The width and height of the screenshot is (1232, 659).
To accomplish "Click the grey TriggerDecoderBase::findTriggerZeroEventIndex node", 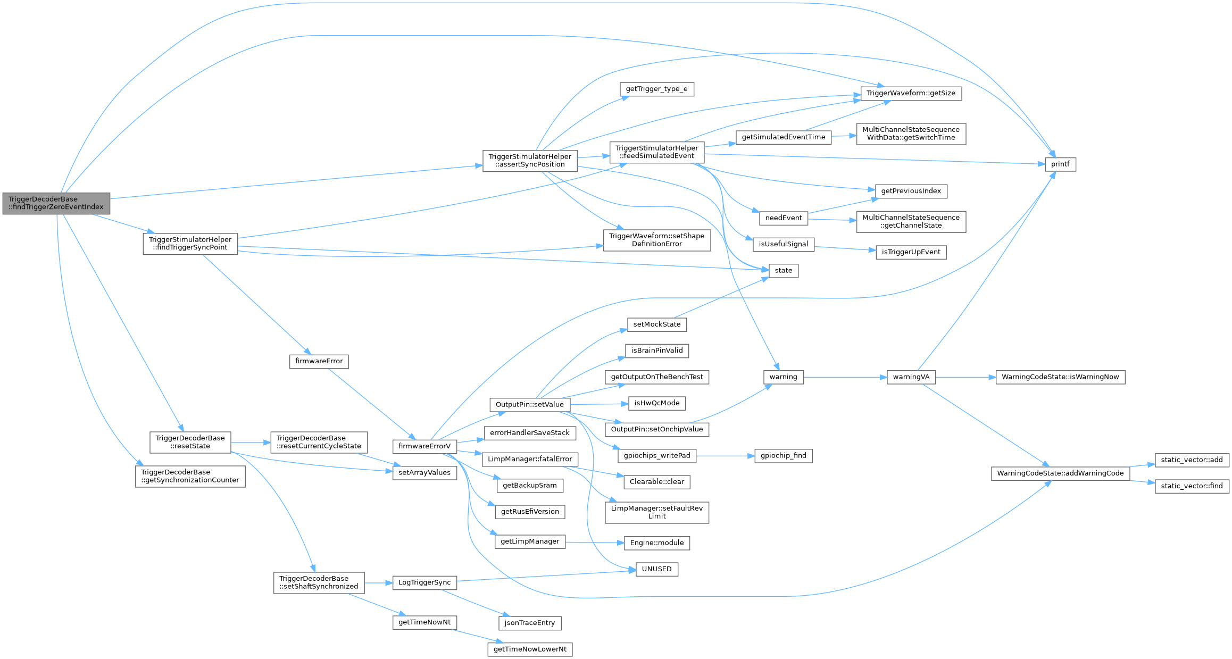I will pos(56,203).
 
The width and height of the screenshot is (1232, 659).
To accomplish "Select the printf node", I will pos(1060,164).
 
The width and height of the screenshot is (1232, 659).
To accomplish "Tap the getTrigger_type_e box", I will pos(656,89).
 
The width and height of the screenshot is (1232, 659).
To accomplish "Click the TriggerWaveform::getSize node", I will pos(911,93).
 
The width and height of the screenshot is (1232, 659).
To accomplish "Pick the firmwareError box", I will pos(319,361).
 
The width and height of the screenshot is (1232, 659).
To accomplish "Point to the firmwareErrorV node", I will pos(424,446).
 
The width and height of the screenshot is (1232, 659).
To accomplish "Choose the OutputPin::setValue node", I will pos(529,404).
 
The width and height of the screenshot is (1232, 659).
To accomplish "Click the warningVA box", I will pos(911,377).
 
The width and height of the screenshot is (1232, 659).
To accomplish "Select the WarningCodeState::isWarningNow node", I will pos(1060,377).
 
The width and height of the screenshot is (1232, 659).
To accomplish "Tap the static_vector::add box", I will pos(1192,460).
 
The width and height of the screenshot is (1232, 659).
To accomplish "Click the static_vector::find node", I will pos(1192,486).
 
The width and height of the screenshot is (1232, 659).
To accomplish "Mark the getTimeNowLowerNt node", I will pos(529,649).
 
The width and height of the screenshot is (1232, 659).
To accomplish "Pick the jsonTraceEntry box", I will pos(529,623).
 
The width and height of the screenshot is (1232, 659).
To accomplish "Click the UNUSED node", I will pos(656,569).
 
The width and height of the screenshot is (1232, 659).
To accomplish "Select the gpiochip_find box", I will pos(783,456).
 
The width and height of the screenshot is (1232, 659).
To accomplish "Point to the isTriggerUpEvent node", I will pos(911,252).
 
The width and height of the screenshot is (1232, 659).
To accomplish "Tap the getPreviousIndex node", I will pos(911,191).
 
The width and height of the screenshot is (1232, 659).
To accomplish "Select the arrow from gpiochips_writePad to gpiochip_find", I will pos(726,456).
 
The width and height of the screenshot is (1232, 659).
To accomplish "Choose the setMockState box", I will pos(656,324).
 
